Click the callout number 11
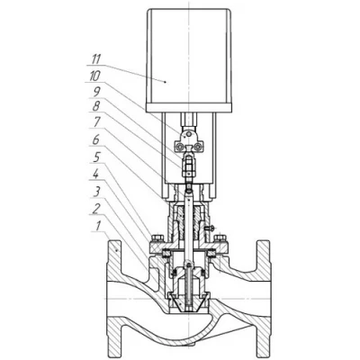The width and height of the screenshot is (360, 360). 96,59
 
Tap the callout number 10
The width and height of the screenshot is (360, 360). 95,76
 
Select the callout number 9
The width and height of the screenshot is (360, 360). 96,93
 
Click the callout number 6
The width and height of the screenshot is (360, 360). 96,140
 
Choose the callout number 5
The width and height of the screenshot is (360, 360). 96,157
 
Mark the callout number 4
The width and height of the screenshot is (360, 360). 95,175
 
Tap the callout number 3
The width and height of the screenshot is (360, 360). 96,192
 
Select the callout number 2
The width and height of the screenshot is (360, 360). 95,209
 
